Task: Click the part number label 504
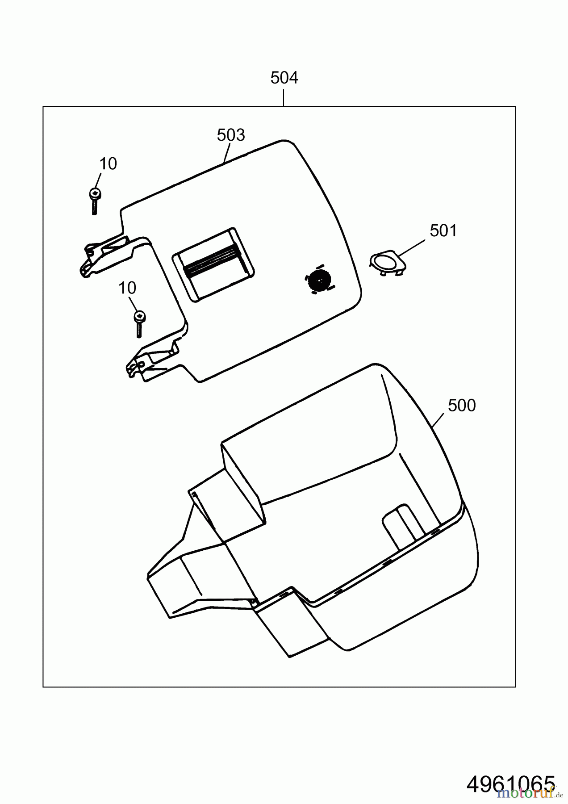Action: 284,78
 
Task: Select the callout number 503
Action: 231,135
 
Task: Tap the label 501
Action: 443,231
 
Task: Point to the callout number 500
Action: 462,406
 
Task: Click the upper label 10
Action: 108,164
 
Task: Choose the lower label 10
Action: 127,288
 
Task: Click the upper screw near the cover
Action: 94,201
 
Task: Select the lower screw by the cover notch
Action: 139,323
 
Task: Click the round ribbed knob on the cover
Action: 319,281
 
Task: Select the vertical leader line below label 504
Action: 284,98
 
